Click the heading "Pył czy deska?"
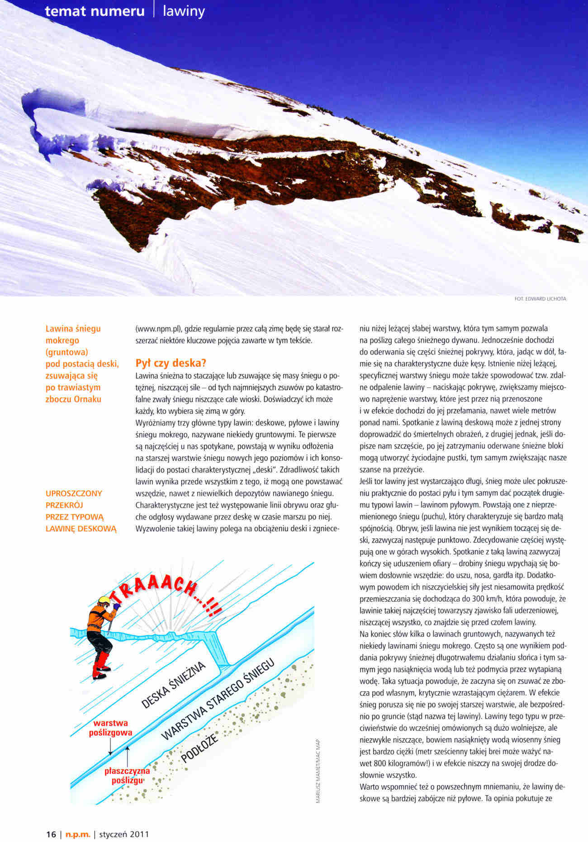(x=171, y=363)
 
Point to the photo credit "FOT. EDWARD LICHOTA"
(x=540, y=298)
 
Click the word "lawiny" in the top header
(x=184, y=11)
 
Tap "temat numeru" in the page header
(x=95, y=11)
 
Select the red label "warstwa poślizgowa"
(x=110, y=728)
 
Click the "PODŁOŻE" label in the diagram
(x=199, y=747)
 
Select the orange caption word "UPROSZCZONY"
(x=74, y=493)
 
